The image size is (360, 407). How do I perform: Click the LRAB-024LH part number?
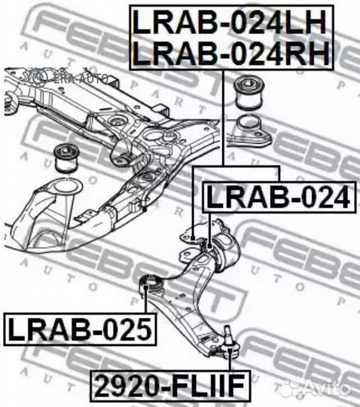(x=230, y=23)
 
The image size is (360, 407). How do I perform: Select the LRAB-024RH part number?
(x=230, y=53)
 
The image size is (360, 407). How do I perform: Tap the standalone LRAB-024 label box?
(x=279, y=197)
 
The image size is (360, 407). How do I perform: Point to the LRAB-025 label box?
(x=80, y=329)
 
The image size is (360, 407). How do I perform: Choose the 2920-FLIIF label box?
(x=170, y=385)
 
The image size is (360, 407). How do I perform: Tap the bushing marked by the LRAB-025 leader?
(x=151, y=285)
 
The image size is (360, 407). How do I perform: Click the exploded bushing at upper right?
(x=249, y=93)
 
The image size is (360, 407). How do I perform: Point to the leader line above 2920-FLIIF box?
(x=229, y=360)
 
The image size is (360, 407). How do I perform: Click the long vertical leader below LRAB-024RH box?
(x=223, y=118)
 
